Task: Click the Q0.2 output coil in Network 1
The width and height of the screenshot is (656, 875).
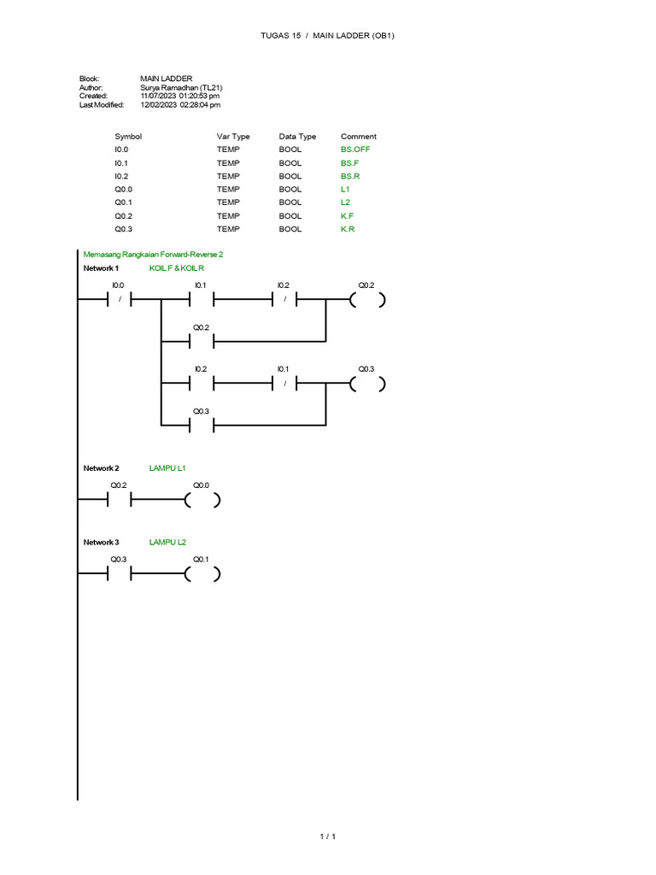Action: click(367, 300)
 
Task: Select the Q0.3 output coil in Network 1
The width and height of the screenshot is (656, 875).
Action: click(367, 384)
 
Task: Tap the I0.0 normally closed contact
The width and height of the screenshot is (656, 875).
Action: click(120, 300)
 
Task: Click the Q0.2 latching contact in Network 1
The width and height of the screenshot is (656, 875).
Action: click(202, 342)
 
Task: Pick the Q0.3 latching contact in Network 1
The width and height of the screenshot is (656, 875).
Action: click(202, 426)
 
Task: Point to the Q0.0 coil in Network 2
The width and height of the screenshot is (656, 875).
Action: click(202, 500)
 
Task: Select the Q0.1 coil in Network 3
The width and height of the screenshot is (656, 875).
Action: click(202, 573)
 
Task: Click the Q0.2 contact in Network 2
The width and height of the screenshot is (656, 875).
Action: click(120, 500)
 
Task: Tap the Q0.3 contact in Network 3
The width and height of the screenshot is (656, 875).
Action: click(120, 573)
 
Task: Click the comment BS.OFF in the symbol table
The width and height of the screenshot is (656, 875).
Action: click(355, 150)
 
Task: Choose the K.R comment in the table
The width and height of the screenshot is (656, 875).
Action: click(348, 229)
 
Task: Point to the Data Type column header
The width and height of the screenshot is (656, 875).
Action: click(297, 137)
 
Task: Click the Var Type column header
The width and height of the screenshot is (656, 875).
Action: click(233, 137)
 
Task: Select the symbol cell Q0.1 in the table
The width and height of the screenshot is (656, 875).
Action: click(123, 203)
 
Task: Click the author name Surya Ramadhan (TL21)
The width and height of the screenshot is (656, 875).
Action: click(181, 88)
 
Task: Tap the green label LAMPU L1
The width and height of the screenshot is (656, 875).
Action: click(167, 468)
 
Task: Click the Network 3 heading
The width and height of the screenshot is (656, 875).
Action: click(101, 543)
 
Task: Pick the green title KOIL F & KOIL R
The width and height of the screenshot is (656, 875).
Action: click(176, 268)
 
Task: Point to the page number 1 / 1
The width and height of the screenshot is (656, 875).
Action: click(328, 837)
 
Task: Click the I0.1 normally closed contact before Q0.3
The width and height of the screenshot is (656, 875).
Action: click(284, 384)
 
